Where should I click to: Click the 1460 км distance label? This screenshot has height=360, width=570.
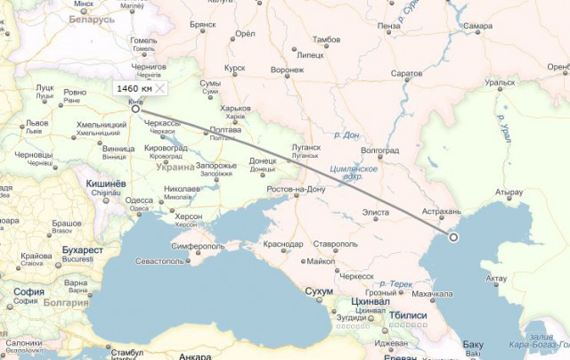(x=134, y=89)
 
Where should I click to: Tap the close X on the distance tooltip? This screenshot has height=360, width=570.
(x=159, y=89)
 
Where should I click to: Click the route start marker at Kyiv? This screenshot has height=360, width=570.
(x=135, y=110)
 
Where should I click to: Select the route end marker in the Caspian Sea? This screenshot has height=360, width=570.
(x=453, y=238)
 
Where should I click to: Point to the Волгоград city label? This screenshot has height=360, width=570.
(x=380, y=151)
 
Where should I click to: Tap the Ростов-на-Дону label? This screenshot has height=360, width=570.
(x=297, y=190)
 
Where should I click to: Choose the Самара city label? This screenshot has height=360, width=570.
(x=478, y=27)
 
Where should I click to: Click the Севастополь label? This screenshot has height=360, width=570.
(x=162, y=261)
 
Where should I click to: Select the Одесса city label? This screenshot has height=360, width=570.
(x=139, y=200)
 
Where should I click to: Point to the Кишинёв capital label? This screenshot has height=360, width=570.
(x=105, y=183)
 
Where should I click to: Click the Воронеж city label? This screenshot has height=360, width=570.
(x=288, y=70)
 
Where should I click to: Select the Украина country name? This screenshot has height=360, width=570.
(x=175, y=167)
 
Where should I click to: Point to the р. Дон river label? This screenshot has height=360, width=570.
(x=347, y=135)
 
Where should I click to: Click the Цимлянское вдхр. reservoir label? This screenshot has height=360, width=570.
(x=354, y=172)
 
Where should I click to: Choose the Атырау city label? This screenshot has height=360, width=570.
(x=509, y=192)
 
